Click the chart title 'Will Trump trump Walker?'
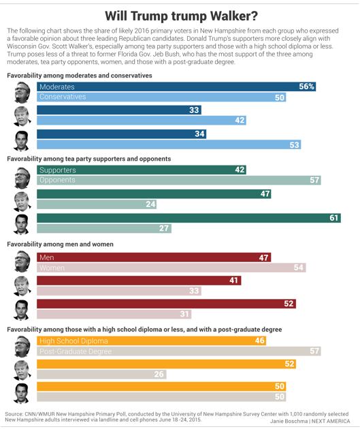[181, 16]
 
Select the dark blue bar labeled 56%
[176, 86]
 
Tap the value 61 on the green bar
[333, 218]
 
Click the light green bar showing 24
[97, 204]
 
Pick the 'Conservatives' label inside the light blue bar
[63, 97]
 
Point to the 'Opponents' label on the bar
[57, 180]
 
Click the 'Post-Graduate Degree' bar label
[76, 351]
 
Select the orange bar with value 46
[152, 341]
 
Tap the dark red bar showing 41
[139, 281]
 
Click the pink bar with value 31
[114, 314]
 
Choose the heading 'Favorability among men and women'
[60, 244]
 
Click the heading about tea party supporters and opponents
[89, 159]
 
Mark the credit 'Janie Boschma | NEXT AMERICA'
[310, 421]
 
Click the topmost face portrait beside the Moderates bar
[22, 92]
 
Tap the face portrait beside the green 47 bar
[22, 202]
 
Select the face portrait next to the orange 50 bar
[22, 394]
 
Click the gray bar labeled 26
[101, 375]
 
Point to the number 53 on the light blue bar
[294, 145]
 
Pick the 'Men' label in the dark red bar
[46, 257]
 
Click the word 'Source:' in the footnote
[14, 414]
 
